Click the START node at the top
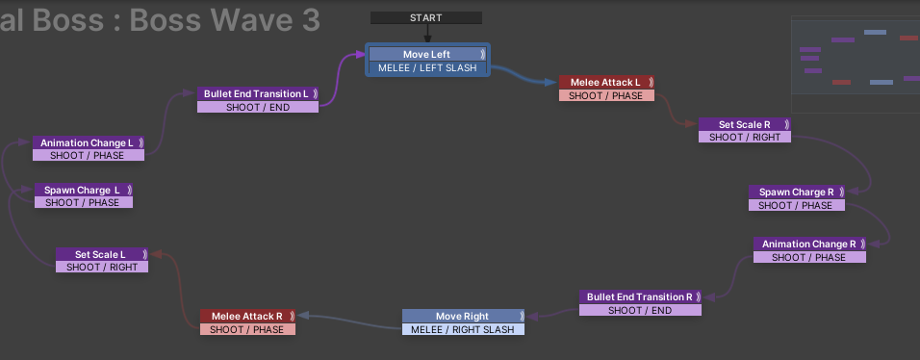click(x=425, y=17)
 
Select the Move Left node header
click(x=427, y=54)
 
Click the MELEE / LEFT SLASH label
click(x=427, y=67)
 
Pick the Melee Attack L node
click(x=605, y=83)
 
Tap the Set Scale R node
click(x=745, y=124)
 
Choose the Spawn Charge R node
click(x=796, y=192)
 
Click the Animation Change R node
click(x=808, y=244)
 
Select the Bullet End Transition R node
click(x=640, y=297)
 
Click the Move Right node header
click(x=462, y=316)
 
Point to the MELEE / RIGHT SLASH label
click(x=462, y=329)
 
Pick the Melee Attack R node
click(x=246, y=316)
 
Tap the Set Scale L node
click(x=101, y=254)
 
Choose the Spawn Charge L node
click(x=83, y=190)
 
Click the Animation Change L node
click(x=87, y=142)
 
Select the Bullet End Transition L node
click(x=256, y=93)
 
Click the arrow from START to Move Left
click(x=426, y=34)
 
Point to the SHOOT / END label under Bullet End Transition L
click(x=257, y=107)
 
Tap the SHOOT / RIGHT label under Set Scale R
click(x=745, y=137)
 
